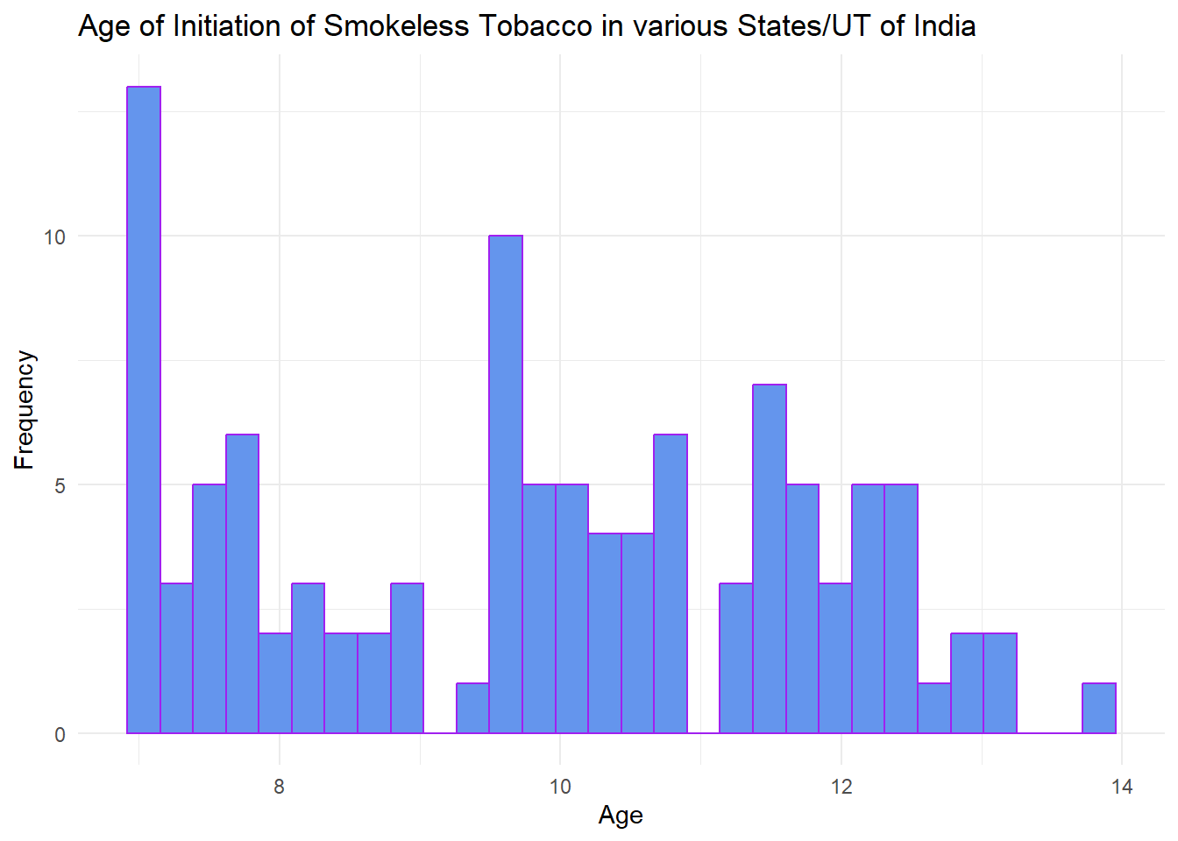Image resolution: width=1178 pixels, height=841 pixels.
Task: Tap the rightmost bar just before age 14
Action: [1099, 708]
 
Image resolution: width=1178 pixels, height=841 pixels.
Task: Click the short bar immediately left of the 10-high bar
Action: [472, 708]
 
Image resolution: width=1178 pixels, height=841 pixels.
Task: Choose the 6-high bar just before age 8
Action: [242, 583]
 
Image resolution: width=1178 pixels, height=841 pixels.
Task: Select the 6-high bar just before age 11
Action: [671, 583]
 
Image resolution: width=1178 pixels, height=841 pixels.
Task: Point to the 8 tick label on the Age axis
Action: [280, 786]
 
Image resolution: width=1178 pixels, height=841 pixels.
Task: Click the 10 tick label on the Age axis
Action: [560, 786]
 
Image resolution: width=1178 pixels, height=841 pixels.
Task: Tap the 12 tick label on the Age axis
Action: [841, 786]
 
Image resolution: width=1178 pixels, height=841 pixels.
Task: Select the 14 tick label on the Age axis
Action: [1122, 786]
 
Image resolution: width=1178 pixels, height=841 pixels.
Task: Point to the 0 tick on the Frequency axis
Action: [60, 734]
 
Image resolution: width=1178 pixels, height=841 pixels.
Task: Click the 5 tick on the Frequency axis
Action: [60, 485]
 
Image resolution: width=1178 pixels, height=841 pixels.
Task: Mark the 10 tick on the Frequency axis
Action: [54, 237]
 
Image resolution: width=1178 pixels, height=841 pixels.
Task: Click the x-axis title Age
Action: [621, 816]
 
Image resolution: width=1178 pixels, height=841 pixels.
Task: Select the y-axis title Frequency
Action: [25, 410]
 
